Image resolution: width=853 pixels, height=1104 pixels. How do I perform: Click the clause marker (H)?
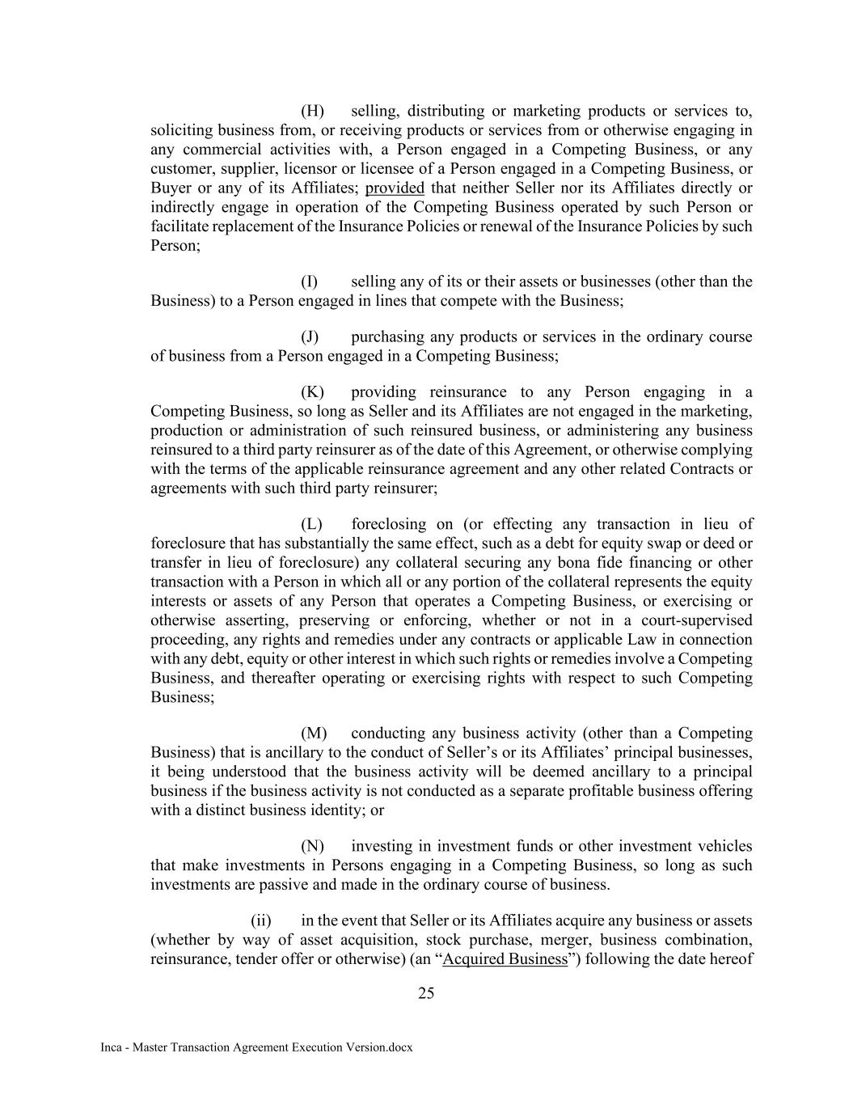(312, 111)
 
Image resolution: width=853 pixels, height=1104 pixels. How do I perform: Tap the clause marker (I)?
(310, 281)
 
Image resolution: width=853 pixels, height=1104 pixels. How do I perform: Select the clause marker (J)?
(310, 336)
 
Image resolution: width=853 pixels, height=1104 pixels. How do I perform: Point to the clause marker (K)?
(312, 392)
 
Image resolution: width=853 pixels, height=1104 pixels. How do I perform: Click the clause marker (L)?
(311, 524)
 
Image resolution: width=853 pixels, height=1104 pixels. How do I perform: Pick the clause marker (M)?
(313, 734)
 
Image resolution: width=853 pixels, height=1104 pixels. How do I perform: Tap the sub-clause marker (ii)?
(261, 920)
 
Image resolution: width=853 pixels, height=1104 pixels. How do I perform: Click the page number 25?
(426, 994)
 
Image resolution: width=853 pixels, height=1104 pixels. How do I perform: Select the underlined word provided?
(395, 188)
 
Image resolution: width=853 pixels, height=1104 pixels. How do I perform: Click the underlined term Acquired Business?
(505, 959)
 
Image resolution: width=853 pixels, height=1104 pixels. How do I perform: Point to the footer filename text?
(256, 1047)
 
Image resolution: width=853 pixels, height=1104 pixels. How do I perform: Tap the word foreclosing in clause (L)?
(391, 524)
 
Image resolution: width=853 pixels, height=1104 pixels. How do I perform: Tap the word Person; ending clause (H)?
(175, 245)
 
